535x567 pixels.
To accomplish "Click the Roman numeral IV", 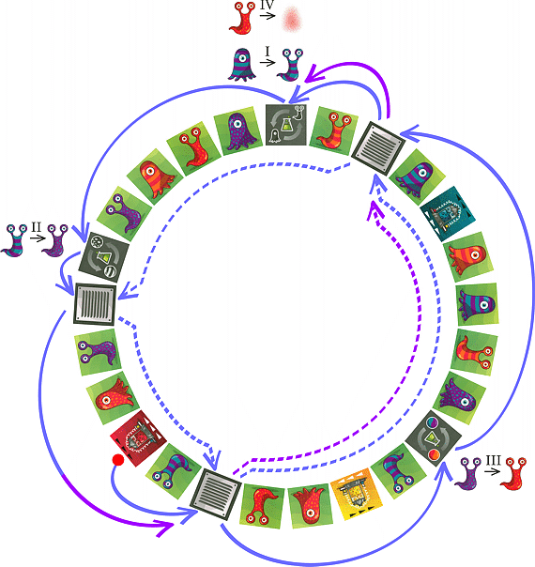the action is [267, 5].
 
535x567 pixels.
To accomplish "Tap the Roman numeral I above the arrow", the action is [267, 52].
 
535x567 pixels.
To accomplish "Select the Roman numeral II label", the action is [37, 227].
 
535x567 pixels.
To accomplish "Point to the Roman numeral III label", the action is [493, 460].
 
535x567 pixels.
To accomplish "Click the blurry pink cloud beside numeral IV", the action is [292, 19].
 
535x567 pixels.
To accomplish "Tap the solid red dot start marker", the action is [118, 460].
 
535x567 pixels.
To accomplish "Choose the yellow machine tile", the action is [357, 492].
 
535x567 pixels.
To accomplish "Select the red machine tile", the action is [139, 438].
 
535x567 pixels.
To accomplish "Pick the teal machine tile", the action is [448, 214].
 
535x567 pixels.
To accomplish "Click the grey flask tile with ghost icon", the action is [286, 125].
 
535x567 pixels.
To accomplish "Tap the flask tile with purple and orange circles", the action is [434, 438].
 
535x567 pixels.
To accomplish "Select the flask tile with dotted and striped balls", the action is [104, 257].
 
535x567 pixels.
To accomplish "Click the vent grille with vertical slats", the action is [96, 304].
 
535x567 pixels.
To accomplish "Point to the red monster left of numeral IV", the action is [242, 18].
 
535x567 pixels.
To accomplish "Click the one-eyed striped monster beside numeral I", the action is [242, 65].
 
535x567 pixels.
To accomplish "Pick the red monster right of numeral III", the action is [512, 474].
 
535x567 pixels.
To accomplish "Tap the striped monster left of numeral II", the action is [14, 240].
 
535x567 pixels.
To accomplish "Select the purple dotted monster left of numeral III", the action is [467, 474].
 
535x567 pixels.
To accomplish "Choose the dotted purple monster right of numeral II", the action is [55, 240].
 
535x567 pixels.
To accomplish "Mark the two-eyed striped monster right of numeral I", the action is [290, 65].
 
